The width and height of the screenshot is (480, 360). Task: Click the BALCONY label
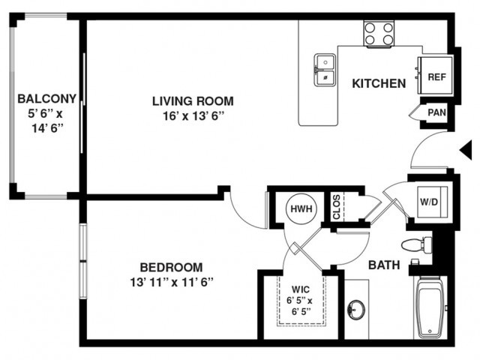46,98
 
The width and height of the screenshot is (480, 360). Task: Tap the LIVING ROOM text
193,101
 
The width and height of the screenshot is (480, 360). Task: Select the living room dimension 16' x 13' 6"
193,116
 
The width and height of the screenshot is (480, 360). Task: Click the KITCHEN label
379,83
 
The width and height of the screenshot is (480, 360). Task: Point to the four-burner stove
379,33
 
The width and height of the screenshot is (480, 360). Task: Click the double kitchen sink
325,70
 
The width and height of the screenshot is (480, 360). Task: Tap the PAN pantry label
436,112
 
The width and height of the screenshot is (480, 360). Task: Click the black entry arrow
466,151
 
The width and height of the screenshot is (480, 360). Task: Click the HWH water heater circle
301,209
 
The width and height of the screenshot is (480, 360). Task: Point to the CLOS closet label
337,207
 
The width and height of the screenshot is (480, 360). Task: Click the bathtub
430,307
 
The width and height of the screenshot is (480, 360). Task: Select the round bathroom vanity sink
356,309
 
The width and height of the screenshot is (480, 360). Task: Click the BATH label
384,265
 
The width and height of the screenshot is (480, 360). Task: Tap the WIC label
301,289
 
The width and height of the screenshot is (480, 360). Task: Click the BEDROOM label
172,267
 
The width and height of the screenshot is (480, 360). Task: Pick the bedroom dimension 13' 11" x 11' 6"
172,282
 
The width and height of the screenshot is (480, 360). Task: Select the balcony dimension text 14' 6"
47,128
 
